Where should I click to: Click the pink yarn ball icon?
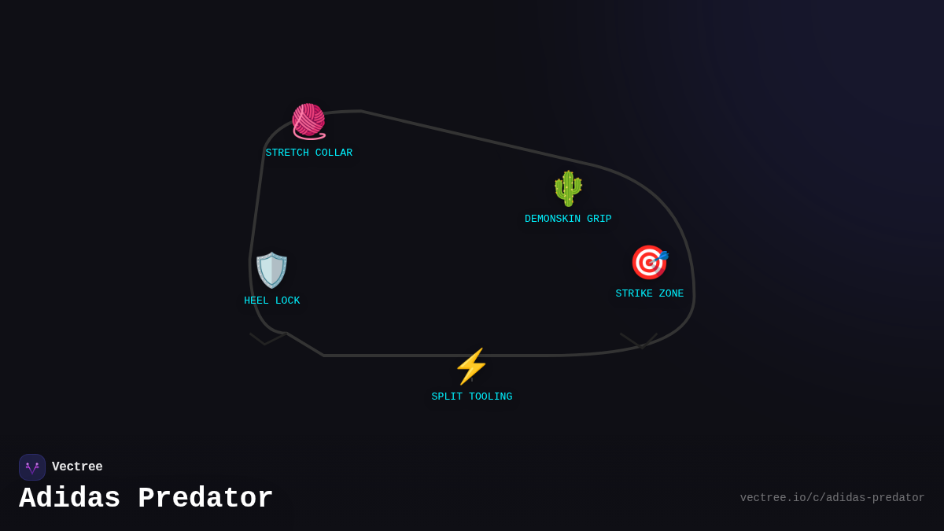[x=308, y=121]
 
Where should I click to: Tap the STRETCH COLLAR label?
[x=309, y=153]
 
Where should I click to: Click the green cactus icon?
[x=568, y=188]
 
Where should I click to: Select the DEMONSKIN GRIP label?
[x=568, y=219]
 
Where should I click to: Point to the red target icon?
[x=649, y=262]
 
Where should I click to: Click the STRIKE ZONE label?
[x=650, y=293]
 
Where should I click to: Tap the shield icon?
[x=272, y=270]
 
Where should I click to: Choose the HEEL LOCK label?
[x=272, y=301]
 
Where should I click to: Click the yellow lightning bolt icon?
[x=471, y=367]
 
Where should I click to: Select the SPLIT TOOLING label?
[x=472, y=396]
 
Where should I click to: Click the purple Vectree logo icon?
[x=32, y=467]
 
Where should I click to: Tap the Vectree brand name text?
[x=77, y=467]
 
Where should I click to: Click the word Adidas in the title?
[x=70, y=499]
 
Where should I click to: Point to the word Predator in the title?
[x=205, y=499]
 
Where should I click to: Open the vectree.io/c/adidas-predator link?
[x=832, y=498]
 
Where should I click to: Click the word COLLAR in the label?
[x=334, y=153]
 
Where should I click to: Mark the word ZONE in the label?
[x=672, y=293]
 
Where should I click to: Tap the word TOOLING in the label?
[x=491, y=396]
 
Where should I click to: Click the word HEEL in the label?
[x=256, y=301]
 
